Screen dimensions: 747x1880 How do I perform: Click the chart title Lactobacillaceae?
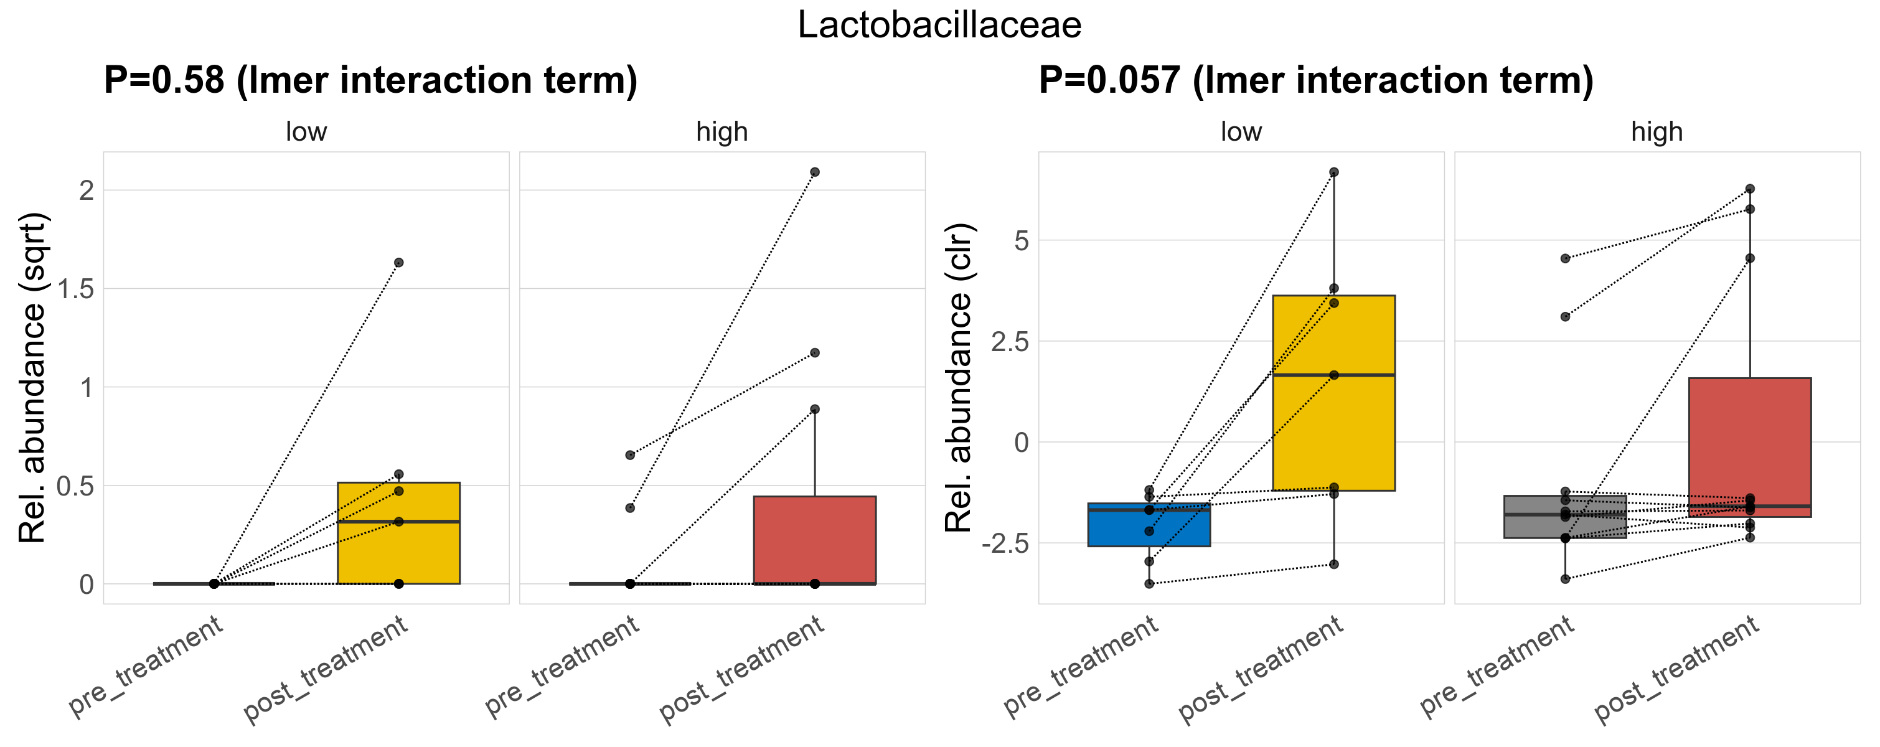point(939,26)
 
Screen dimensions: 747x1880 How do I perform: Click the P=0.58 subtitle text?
point(370,80)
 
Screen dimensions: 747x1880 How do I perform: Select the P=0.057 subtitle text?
point(1316,80)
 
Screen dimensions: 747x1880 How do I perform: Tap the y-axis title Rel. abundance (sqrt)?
point(33,377)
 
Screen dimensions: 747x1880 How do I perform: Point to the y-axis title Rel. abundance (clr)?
point(959,377)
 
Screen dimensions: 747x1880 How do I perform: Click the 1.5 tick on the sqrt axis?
point(76,289)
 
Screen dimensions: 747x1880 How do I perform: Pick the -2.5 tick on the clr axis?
point(1005,543)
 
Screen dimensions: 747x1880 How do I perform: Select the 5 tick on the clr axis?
point(1021,240)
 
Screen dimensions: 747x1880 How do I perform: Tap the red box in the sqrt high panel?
point(814,540)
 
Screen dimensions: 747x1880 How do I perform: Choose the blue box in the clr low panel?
point(1149,529)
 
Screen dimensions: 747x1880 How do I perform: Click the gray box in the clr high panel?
point(1565,522)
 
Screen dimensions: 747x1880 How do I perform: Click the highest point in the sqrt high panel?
point(814,172)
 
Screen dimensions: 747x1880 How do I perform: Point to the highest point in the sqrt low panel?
point(398,263)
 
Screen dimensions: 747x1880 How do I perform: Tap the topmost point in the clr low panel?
point(1333,172)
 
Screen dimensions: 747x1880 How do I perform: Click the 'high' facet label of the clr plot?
point(1657,132)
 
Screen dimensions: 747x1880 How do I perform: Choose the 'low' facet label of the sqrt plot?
point(306,132)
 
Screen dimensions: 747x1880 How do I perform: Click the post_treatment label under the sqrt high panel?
point(742,670)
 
